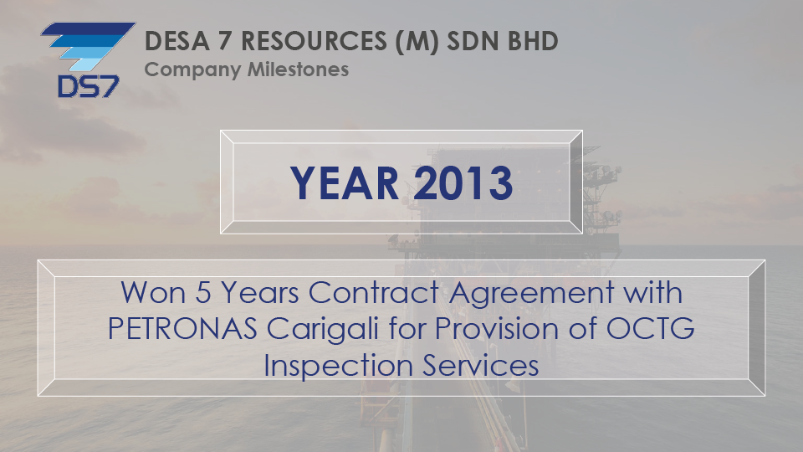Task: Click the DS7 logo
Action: (88, 59)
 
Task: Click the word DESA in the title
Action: (177, 41)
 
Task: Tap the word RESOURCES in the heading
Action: (314, 41)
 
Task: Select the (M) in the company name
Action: (417, 42)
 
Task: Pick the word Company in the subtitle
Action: (192, 70)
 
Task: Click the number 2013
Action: (463, 183)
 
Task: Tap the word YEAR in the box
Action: (344, 183)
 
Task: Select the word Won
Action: (153, 293)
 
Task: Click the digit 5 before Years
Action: (203, 293)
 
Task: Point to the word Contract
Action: (373, 293)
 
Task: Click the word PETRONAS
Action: (182, 328)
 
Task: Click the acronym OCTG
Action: (651, 328)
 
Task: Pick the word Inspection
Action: (339, 367)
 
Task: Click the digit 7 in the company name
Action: (225, 41)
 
